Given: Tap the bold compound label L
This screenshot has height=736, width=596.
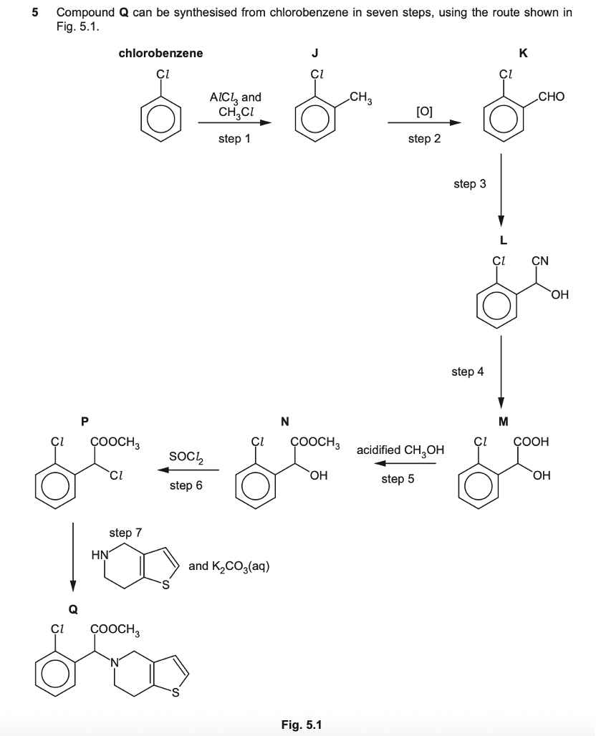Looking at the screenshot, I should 502,241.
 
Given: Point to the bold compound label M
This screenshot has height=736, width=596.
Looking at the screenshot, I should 502,420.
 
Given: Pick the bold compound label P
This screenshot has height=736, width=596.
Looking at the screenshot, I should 86,420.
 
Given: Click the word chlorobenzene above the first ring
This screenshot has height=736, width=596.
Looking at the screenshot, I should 160,53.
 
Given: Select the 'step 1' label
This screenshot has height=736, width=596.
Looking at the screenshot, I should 234,139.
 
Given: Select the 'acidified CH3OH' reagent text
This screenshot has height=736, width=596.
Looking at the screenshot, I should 400,450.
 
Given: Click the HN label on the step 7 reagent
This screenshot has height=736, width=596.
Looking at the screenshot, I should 100,553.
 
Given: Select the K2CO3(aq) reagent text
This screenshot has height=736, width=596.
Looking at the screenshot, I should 229,566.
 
